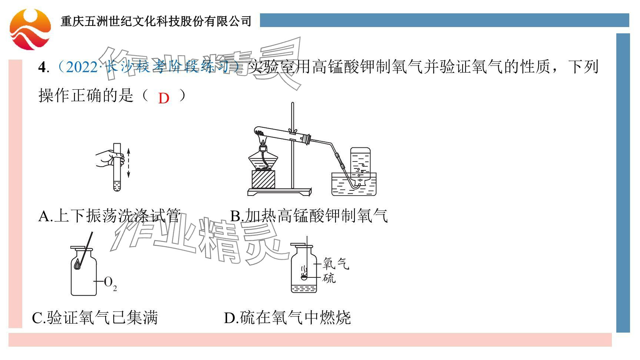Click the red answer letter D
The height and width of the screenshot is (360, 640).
(163, 98)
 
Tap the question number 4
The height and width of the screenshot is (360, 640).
(42, 67)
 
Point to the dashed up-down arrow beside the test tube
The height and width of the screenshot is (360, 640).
(129, 163)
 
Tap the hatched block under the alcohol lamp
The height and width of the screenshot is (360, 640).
(263, 179)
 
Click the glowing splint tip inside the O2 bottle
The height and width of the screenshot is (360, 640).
(77, 265)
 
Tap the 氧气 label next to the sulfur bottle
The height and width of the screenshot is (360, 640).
(336, 264)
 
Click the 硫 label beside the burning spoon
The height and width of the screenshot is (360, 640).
(329, 278)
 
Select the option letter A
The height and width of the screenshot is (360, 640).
(44, 216)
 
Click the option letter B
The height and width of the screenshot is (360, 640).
(235, 216)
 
